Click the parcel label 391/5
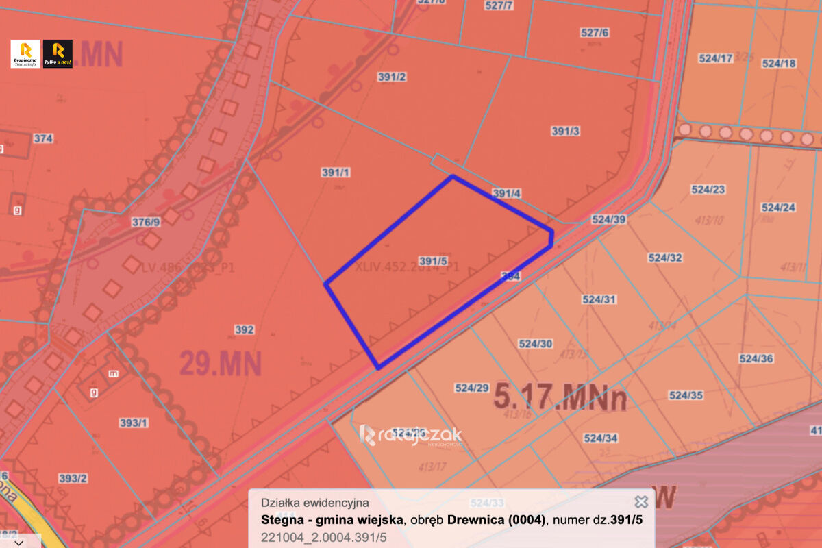(x=434, y=261)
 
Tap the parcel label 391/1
(x=336, y=173)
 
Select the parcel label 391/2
(x=392, y=77)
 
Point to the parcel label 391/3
(x=566, y=131)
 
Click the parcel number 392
(x=245, y=330)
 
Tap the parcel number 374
(x=43, y=138)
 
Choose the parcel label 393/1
(x=134, y=423)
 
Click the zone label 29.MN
(x=221, y=363)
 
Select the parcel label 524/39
(x=609, y=220)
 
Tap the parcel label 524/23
(x=708, y=190)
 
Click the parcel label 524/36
(x=756, y=359)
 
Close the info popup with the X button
(x=641, y=502)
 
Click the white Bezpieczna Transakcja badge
(x=25, y=53)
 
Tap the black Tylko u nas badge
(x=58, y=53)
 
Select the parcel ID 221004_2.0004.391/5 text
(x=324, y=537)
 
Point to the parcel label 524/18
(x=779, y=63)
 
